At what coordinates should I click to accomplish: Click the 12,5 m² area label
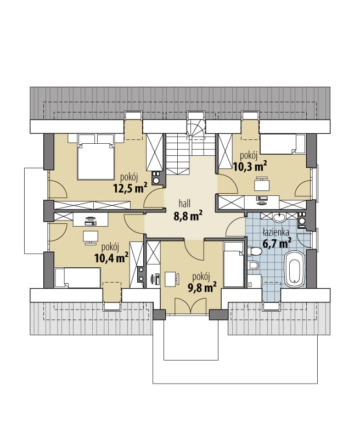point(130,188)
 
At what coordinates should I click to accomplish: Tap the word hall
point(185,204)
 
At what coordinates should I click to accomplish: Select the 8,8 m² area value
point(188,216)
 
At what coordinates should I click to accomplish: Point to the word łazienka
point(275,232)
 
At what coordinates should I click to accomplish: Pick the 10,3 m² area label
point(250,166)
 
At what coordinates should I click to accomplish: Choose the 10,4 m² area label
point(112,258)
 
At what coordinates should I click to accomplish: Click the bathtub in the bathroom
point(294,269)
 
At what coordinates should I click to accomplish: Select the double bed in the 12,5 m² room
point(95,157)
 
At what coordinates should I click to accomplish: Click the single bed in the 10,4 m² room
point(77,278)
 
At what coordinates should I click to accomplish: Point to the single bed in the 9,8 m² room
point(234,264)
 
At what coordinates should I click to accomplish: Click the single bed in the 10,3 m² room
point(282,144)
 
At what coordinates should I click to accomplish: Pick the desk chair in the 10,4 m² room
point(91,238)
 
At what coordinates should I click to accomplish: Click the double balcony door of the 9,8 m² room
point(190,306)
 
